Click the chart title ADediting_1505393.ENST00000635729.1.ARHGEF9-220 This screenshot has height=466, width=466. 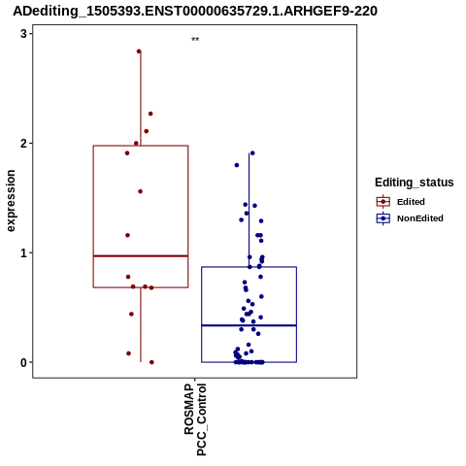tap(195, 12)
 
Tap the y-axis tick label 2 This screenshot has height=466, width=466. tap(23, 144)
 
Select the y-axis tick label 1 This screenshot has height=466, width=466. tap(23, 252)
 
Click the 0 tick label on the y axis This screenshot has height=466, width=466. tap(23, 362)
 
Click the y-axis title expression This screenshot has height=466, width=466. tap(11, 201)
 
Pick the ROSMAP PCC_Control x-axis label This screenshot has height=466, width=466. tap(195, 419)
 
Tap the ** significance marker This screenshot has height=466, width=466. tap(195, 40)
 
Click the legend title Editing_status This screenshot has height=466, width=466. tap(415, 183)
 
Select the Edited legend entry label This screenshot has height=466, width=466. tap(411, 202)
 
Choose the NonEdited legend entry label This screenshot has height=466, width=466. tap(420, 218)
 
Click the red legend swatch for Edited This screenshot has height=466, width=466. tap(383, 202)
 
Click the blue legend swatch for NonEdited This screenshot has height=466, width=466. tap(383, 218)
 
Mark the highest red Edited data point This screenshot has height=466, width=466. tap(139, 51)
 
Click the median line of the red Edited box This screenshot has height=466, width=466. tap(141, 256)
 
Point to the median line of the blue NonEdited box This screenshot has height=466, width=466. tap(249, 325)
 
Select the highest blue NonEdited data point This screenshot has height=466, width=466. tap(252, 153)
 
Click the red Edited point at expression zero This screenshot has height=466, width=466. tap(151, 362)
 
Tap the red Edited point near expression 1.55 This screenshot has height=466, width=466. tap(140, 191)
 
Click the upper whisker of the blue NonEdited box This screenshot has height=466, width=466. tap(249, 210)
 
